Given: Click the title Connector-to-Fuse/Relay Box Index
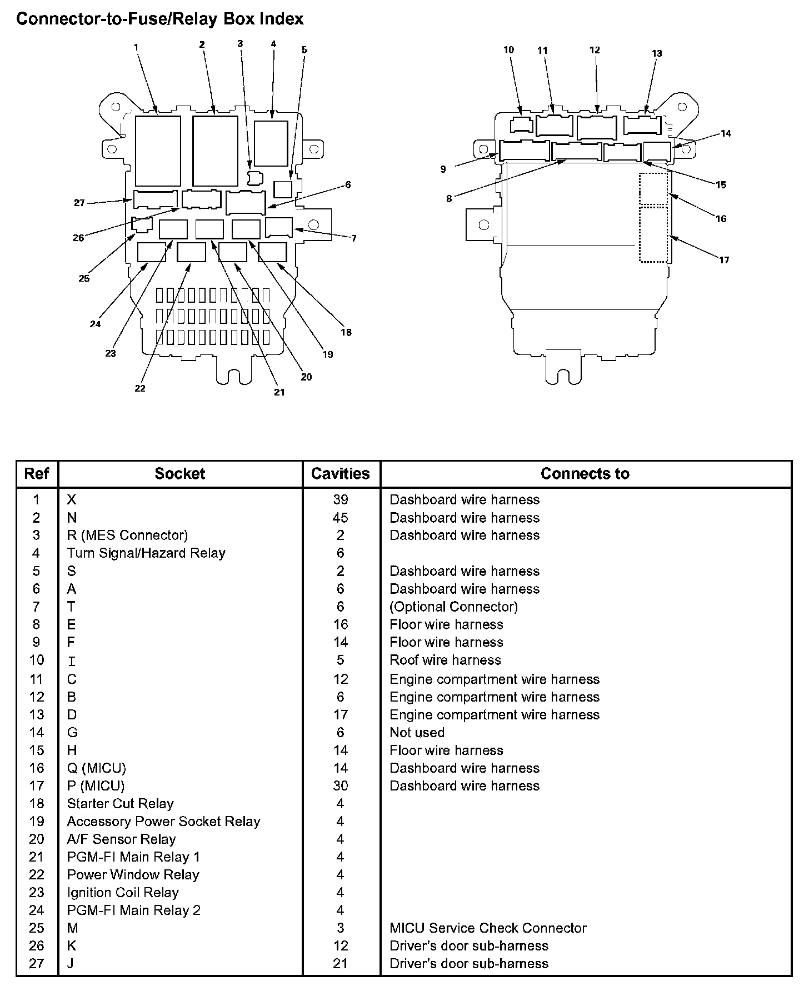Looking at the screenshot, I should click(x=160, y=19).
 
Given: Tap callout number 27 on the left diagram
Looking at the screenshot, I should click(x=79, y=203).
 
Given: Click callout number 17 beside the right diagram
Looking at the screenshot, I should click(x=724, y=260).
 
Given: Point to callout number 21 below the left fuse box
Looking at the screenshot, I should click(x=279, y=392).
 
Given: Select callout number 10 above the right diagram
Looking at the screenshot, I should click(x=509, y=50).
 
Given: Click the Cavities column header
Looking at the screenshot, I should click(x=341, y=474).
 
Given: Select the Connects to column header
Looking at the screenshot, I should click(x=585, y=474).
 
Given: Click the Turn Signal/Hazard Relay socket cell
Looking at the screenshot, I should click(x=146, y=553).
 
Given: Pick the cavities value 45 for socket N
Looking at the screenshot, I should click(x=341, y=518).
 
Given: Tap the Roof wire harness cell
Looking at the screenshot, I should click(x=445, y=660).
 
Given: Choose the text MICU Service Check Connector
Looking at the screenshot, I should click(x=488, y=928).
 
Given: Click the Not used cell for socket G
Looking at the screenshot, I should click(x=417, y=732).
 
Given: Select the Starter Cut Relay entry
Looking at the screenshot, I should click(x=120, y=804).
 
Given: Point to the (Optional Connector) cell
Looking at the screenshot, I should click(x=453, y=607).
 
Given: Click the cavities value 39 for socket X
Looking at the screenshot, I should click(x=341, y=499).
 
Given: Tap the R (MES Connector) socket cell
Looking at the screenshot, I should click(x=127, y=535).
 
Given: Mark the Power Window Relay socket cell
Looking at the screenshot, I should click(x=133, y=874).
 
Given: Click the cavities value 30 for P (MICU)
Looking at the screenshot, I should click(x=341, y=785).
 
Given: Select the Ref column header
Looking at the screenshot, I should click(x=37, y=474).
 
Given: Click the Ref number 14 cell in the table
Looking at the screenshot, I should click(x=37, y=732).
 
